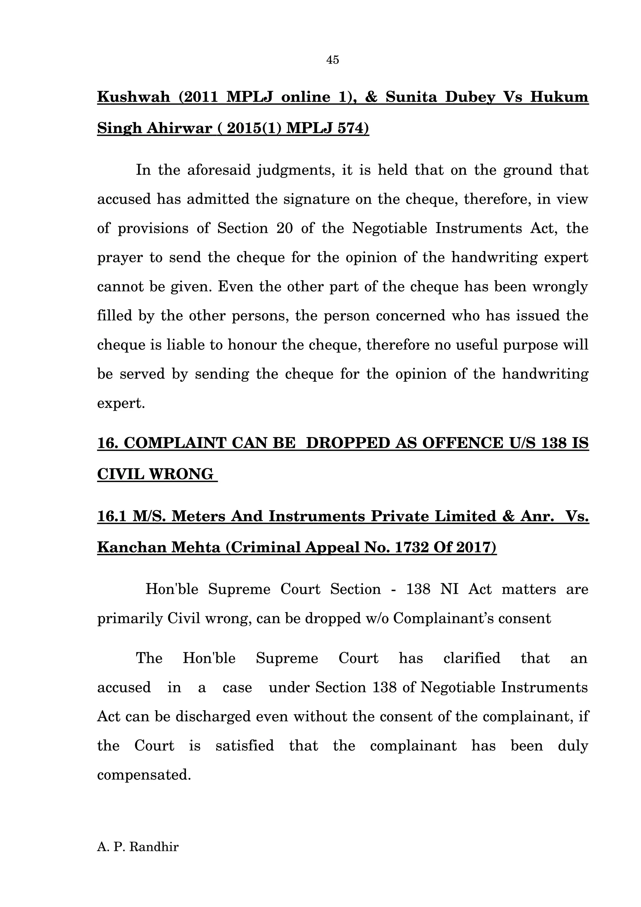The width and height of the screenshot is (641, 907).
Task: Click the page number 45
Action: [x=332, y=60]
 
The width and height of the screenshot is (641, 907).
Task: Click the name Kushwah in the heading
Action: [x=134, y=97]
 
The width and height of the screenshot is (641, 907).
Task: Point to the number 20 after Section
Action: [x=285, y=228]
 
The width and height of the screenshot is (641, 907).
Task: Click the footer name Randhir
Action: [x=154, y=847]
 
